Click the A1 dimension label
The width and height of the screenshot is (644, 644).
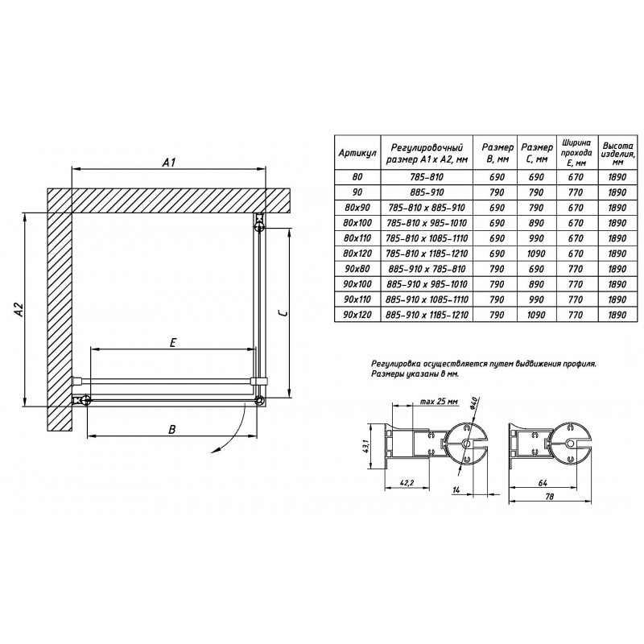[169, 163]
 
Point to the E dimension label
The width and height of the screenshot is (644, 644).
[173, 343]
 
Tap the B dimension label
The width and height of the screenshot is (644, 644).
[172, 429]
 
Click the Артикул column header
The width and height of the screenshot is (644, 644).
[357, 153]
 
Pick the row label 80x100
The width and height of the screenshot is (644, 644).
[357, 223]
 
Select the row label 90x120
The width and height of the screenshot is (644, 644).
[357, 315]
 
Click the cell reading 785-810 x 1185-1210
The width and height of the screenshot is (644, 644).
[427, 254]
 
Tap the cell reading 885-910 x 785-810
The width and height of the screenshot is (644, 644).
[427, 269]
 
